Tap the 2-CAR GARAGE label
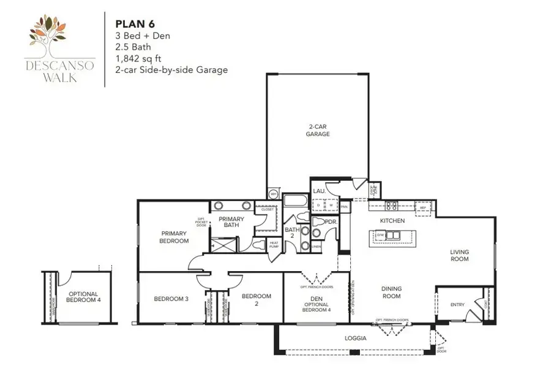pos(318,131)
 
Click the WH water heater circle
pos(274,194)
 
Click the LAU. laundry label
pos(320,191)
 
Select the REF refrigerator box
pos(422,207)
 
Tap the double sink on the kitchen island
pos(392,235)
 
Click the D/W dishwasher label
pos(380,235)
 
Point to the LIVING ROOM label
pos(459,255)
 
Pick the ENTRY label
pos(457,305)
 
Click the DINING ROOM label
pos(391,292)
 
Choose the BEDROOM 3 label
pos(171,299)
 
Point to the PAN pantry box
pos(345,208)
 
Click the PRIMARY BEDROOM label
pos(174,237)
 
